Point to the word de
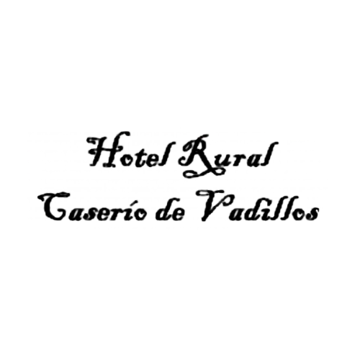[x=170, y=209]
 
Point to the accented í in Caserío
[x=129, y=210]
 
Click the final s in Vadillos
[x=313, y=214]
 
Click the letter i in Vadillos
[x=263, y=210]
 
